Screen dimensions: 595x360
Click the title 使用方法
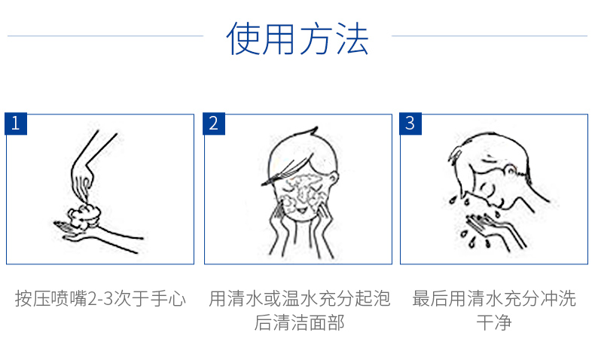(x=297, y=38)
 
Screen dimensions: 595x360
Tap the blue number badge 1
(x=16, y=124)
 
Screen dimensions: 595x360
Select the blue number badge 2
(x=214, y=124)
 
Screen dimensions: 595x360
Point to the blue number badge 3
(x=410, y=124)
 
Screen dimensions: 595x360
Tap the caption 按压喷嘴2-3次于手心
(x=100, y=298)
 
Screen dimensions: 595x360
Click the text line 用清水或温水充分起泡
(x=299, y=298)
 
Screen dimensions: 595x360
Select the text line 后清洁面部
(x=299, y=323)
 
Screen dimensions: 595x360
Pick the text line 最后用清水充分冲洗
(x=494, y=298)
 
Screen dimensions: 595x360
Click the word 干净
(x=494, y=323)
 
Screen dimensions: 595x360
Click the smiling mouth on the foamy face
(x=301, y=209)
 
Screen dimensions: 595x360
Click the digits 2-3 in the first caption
(x=101, y=298)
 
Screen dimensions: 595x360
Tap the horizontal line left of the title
(x=105, y=36)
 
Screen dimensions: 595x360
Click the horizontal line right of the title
(x=490, y=36)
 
